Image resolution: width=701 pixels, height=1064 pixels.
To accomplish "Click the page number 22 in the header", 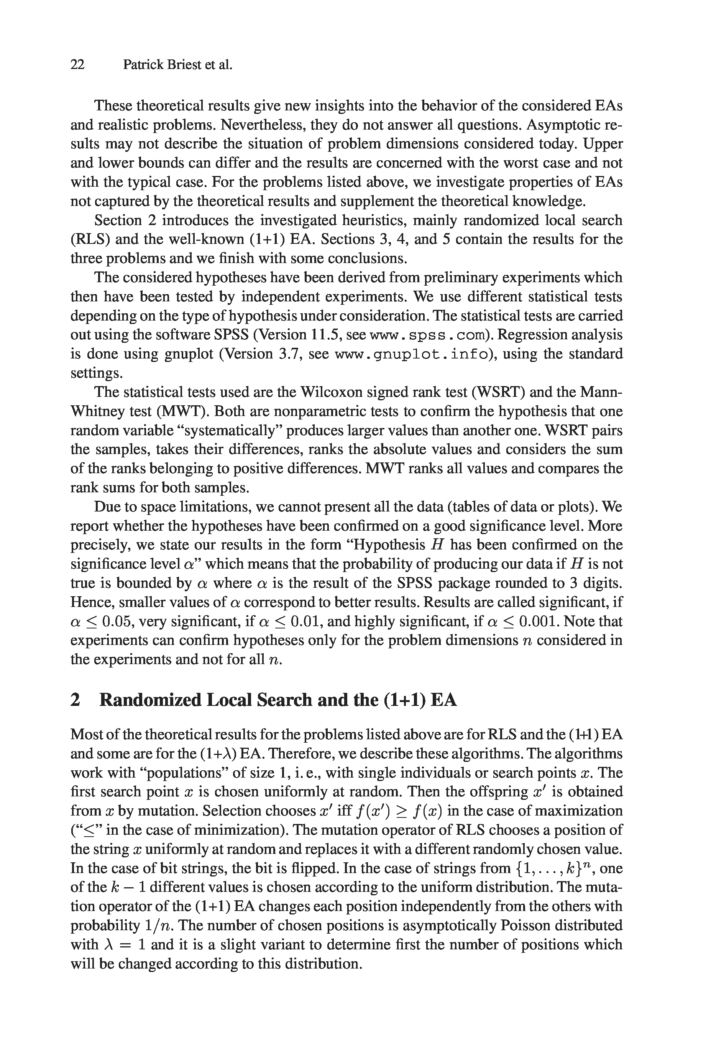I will point(77,65).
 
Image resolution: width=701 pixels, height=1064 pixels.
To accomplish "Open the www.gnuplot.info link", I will point(411,354).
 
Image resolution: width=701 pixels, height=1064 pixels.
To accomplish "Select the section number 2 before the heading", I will point(76,700).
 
